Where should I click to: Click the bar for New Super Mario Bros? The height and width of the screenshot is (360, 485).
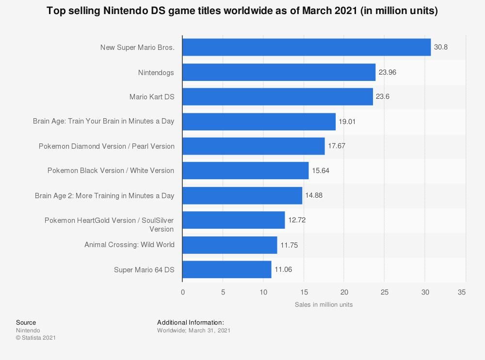click(307, 47)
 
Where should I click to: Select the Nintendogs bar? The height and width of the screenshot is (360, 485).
click(279, 72)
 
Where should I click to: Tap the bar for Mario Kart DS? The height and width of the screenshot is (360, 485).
click(277, 97)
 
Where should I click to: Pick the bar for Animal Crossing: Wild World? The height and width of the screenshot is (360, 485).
click(230, 245)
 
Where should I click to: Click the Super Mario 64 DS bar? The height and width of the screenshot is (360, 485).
click(227, 269)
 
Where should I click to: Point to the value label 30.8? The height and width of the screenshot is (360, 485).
click(441, 47)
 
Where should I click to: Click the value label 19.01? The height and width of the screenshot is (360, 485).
click(347, 122)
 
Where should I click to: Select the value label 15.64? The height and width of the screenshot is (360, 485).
click(320, 171)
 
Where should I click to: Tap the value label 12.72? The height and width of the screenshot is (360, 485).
click(297, 220)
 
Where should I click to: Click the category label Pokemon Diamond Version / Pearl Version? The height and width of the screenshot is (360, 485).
click(107, 146)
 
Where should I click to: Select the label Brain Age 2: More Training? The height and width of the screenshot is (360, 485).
click(104, 196)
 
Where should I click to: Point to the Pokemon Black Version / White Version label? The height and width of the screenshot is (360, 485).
click(111, 171)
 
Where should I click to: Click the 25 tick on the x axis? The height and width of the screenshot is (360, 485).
click(385, 292)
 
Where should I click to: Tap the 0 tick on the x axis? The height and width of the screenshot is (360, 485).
click(183, 292)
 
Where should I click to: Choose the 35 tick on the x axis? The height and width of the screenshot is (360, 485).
click(462, 292)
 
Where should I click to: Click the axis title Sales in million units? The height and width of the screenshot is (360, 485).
click(323, 305)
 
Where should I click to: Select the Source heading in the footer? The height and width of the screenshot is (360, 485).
click(26, 323)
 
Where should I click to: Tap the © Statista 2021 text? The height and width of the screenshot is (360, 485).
click(36, 338)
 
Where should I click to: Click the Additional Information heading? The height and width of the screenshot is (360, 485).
click(191, 323)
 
